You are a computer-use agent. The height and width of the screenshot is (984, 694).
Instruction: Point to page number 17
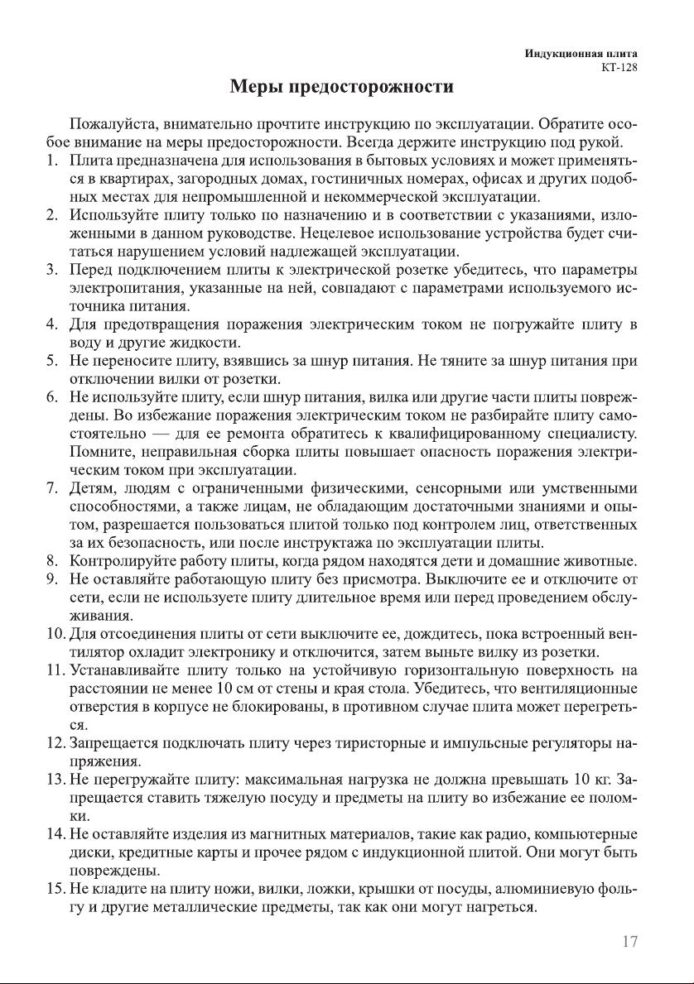pyautogui.click(x=629, y=942)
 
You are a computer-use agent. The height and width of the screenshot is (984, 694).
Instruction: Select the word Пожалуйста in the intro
pyautogui.click(x=113, y=126)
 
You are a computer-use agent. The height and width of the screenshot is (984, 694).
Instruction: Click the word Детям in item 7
pyautogui.click(x=90, y=488)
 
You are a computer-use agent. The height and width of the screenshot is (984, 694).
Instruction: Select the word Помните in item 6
pyautogui.click(x=98, y=452)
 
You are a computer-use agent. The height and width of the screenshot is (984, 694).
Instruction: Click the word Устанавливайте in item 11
pyautogui.click(x=124, y=670)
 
